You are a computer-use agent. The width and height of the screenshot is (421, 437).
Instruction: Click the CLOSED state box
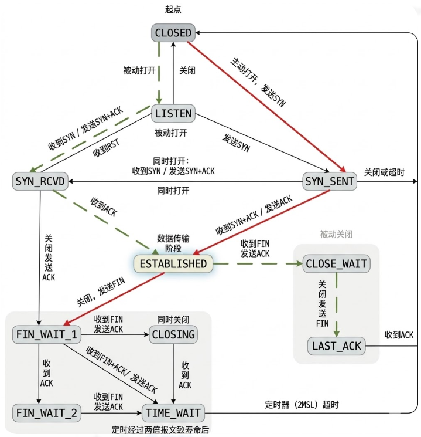(173, 33)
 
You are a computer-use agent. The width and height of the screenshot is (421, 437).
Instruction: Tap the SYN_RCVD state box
(40, 182)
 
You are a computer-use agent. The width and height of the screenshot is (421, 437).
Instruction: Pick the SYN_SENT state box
(330, 182)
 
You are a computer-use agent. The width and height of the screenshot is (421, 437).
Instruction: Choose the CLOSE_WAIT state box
(336, 264)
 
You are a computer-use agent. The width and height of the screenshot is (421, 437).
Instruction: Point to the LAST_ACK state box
(336, 345)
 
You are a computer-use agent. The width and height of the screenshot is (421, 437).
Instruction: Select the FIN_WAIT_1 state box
(46, 335)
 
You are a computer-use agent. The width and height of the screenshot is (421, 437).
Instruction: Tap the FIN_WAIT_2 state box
(46, 413)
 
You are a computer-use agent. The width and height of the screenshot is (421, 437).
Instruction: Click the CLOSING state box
(173, 335)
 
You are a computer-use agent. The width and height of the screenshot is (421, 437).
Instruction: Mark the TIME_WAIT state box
(173, 413)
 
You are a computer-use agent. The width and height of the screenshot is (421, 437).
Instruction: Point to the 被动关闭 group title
(337, 233)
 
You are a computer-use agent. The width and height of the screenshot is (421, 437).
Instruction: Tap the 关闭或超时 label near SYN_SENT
(384, 172)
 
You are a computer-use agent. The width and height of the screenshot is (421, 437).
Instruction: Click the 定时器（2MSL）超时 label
(302, 405)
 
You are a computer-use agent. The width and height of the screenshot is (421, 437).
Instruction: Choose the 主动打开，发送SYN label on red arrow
(258, 82)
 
